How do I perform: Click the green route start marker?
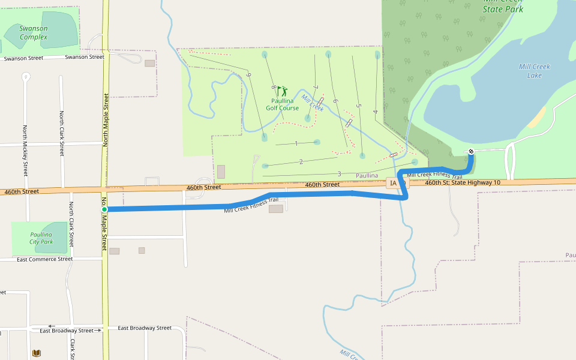(104, 209)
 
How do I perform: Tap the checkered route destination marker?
(471, 151)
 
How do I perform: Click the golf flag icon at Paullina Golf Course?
(282, 91)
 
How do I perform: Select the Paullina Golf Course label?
(282, 104)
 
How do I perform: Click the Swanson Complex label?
(34, 32)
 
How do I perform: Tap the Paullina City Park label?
(41, 238)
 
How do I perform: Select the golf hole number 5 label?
(358, 106)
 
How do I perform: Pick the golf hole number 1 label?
(296, 143)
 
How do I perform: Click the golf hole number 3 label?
(339, 174)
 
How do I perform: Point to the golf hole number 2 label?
(301, 161)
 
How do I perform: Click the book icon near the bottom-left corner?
(37, 353)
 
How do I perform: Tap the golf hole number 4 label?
(375, 112)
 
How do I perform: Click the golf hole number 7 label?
(316, 89)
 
